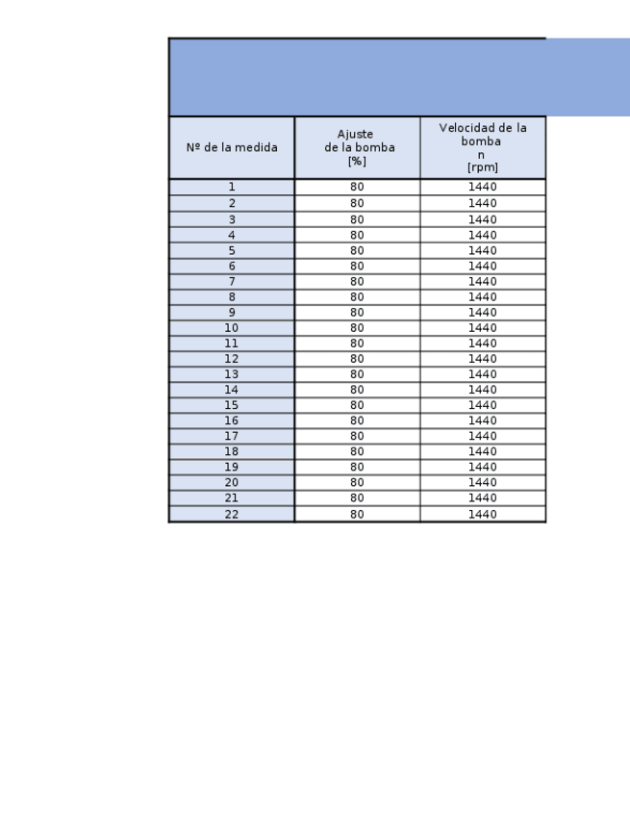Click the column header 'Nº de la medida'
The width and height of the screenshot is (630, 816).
(232, 147)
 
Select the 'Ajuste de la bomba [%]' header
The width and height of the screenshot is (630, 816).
(357, 147)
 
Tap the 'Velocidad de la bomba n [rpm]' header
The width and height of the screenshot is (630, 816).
(483, 147)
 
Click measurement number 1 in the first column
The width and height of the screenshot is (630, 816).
(232, 187)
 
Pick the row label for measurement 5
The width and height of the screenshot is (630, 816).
(232, 250)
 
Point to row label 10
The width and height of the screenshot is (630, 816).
(232, 328)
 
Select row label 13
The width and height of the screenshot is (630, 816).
(232, 374)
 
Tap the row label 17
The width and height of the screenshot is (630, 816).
(232, 436)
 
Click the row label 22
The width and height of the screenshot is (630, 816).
(232, 514)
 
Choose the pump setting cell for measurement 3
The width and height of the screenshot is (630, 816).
(357, 219)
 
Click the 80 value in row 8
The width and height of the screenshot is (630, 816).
(357, 297)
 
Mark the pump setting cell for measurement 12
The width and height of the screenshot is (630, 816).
(357, 359)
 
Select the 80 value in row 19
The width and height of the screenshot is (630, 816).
(357, 467)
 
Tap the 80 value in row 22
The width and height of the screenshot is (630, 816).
(357, 514)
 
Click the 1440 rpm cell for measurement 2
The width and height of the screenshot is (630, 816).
(483, 203)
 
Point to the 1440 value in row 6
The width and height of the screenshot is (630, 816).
(483, 266)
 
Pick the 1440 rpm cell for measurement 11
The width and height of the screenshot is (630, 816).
(483, 344)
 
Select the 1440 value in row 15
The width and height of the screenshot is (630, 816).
(483, 405)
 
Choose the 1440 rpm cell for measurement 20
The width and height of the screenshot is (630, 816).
(483, 482)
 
